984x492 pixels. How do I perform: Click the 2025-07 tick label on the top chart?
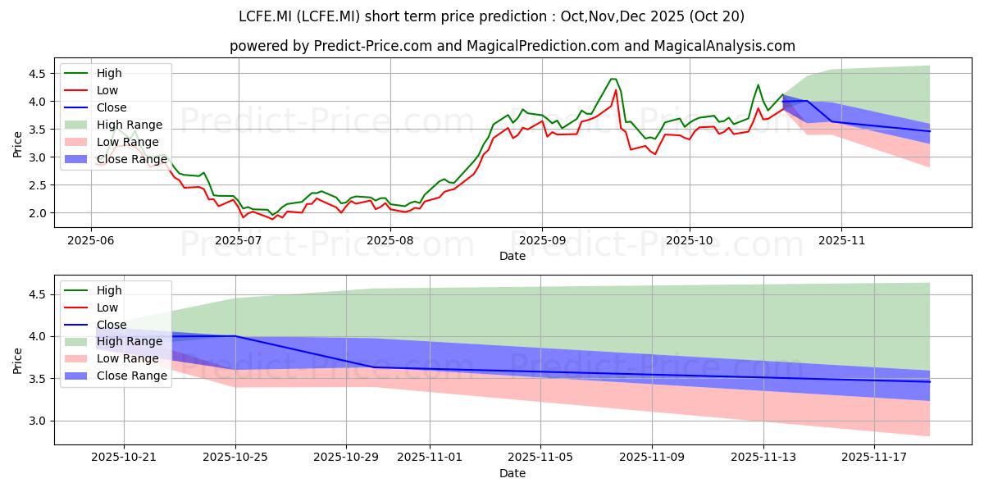click(x=238, y=241)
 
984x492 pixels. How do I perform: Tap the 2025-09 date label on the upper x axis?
click(x=542, y=241)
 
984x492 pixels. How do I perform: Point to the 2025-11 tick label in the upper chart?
click(x=841, y=241)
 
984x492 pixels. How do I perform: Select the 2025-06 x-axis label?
click(x=91, y=241)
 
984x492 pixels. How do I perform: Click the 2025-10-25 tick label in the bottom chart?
click(x=235, y=458)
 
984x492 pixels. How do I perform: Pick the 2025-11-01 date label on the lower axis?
click(x=430, y=458)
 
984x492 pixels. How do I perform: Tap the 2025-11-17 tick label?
click(x=874, y=458)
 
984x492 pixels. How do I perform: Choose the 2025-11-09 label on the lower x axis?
click(x=652, y=458)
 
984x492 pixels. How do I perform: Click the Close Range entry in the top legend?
click(x=116, y=159)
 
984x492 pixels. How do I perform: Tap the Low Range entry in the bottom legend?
click(x=112, y=358)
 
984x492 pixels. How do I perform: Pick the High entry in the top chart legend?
click(x=93, y=73)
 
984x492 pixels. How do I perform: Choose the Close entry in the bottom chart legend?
click(x=95, y=325)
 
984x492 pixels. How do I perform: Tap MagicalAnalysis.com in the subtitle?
click(x=724, y=46)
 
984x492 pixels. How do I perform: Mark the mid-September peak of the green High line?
click(x=613, y=79)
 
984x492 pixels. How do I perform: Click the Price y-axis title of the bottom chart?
click(x=17, y=361)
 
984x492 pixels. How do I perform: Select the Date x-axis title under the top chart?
click(x=512, y=256)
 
